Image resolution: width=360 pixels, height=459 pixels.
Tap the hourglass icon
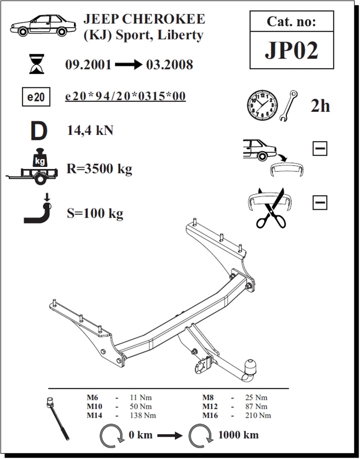click(37, 64)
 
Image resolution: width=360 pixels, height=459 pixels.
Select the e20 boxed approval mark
click(36, 97)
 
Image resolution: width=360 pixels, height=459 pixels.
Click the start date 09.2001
click(89, 65)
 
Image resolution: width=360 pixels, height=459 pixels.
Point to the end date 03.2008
click(170, 65)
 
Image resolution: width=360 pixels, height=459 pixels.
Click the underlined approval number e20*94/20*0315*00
click(125, 96)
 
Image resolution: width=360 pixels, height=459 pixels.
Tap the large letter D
click(39, 131)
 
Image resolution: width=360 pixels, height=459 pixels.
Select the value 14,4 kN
click(90, 131)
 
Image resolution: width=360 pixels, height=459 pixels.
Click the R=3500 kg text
click(99, 168)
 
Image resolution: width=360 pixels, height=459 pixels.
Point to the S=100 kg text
click(95, 213)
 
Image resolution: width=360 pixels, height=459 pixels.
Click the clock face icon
click(262, 105)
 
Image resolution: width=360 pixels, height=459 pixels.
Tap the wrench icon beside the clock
click(288, 105)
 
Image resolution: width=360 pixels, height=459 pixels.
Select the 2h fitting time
click(320, 106)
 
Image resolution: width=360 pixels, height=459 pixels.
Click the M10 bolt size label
click(94, 406)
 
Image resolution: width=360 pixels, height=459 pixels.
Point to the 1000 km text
click(238, 435)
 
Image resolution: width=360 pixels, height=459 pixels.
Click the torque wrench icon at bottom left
click(58, 419)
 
